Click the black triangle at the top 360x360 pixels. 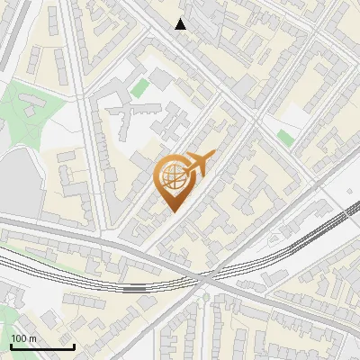coord(181,24)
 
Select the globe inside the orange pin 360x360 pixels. coord(172,177)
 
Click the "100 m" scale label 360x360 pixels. coord(23,337)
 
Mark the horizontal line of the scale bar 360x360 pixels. coord(42,346)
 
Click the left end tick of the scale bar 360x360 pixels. coord(11,345)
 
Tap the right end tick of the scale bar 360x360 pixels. coord(74,345)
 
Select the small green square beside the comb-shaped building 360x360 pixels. coord(140,87)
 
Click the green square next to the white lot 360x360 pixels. coord(285,138)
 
